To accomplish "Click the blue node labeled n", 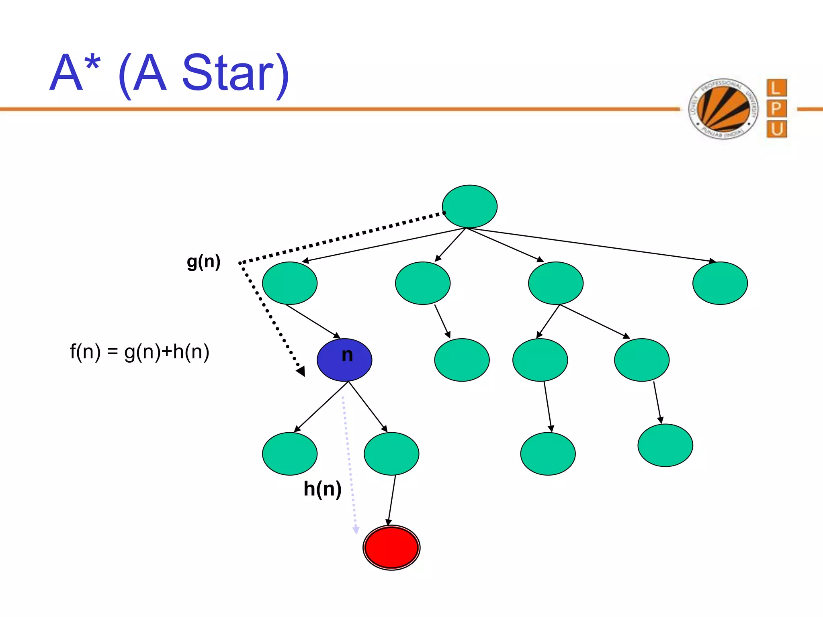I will tap(344, 360).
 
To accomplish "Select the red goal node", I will tap(391, 548).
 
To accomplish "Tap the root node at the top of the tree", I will tap(469, 206).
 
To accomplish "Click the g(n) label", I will tap(204, 262).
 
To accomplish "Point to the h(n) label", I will tap(322, 489).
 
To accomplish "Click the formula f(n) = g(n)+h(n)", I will tap(139, 352).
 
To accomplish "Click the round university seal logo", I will tap(723, 109).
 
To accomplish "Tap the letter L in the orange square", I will tap(776, 88).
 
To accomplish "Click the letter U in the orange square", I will tap(776, 129).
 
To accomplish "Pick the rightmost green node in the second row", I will tap(720, 283).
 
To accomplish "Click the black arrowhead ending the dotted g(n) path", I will tap(301, 371).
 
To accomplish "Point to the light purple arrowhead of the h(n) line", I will tap(356, 530).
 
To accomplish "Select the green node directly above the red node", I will tap(391, 454).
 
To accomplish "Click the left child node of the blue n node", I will tap(290, 454).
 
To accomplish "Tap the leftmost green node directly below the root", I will tap(290, 283).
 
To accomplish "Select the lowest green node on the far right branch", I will tap(665, 445).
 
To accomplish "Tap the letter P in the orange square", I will tap(776, 108).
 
